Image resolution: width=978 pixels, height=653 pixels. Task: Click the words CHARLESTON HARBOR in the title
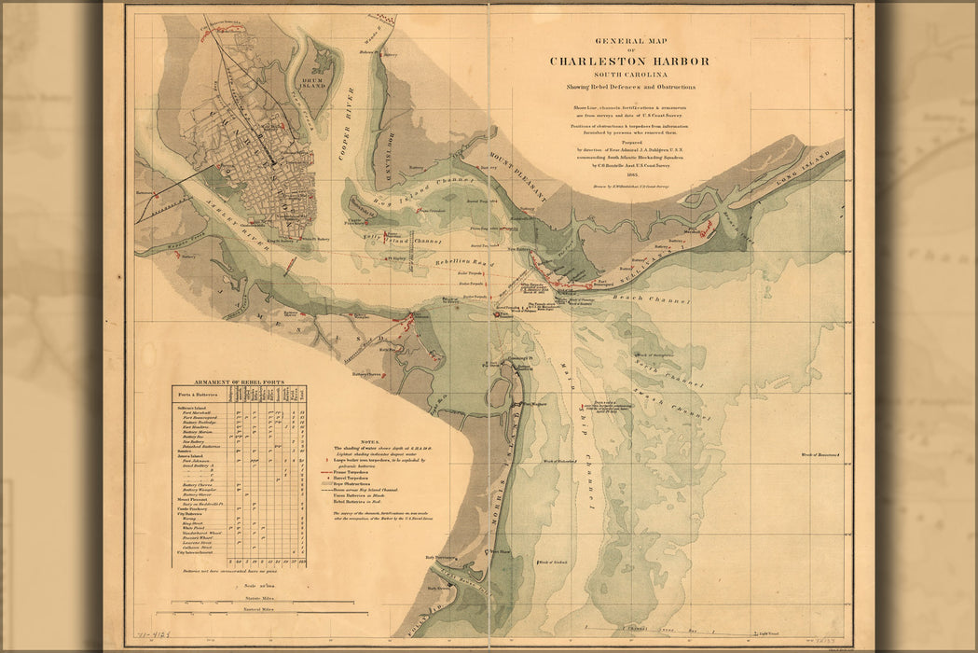pos(629,62)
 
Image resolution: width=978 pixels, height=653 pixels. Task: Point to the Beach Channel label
pos(652,300)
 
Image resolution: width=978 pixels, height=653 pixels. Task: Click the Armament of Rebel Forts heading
pos(239,383)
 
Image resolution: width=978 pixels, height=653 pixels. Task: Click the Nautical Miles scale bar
pos(238,610)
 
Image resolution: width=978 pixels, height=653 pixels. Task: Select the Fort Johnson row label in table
pos(196,460)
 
